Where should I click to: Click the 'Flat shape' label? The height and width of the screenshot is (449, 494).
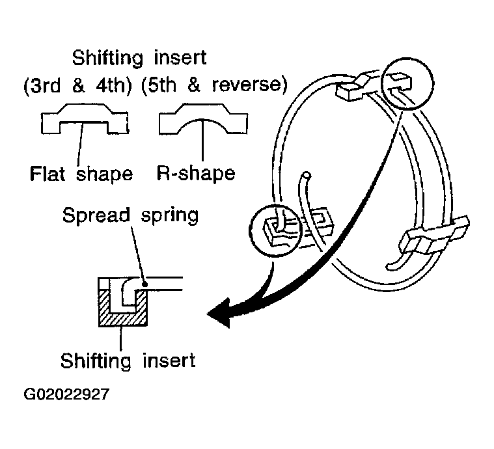(x=81, y=174)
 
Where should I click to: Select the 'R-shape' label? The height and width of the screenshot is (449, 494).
(x=196, y=173)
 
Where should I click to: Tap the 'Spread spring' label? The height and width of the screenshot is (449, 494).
(x=130, y=215)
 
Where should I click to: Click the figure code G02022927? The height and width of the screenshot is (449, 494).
(x=66, y=394)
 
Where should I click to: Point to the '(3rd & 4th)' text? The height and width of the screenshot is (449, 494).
(x=77, y=85)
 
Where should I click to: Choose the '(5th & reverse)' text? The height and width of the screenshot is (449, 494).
(x=214, y=85)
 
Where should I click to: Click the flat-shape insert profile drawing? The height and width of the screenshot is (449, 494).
(x=85, y=118)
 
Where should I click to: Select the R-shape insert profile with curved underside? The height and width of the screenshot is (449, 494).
(x=203, y=118)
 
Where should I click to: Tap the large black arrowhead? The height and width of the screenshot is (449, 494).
(x=219, y=314)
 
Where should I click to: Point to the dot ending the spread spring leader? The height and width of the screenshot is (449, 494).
(x=145, y=284)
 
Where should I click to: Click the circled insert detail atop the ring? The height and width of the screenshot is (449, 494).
(x=407, y=83)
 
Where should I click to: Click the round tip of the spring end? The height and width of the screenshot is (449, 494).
(x=306, y=176)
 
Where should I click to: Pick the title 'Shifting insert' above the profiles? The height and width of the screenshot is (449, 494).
(x=139, y=59)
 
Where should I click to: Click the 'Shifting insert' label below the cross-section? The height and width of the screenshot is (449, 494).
(x=128, y=361)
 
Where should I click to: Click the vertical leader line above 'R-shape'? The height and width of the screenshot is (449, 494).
(x=202, y=140)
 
